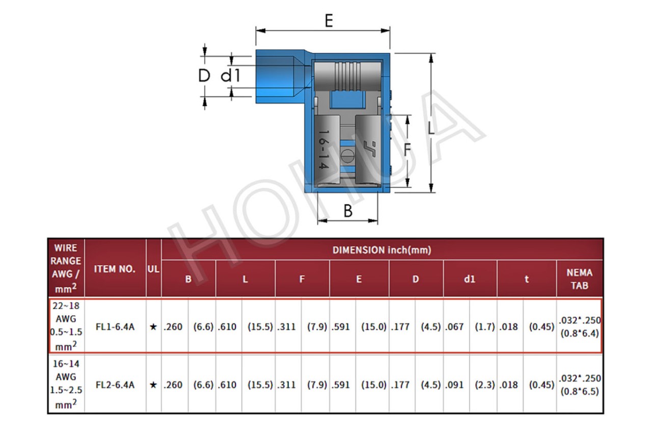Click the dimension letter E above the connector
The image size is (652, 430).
329,21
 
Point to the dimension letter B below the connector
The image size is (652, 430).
348,211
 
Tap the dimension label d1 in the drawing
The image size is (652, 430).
231,75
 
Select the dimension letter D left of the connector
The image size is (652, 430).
204,75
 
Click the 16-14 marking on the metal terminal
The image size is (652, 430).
323,149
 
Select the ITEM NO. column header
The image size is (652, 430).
115,269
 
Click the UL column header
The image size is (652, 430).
153,269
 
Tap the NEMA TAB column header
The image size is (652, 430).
579,279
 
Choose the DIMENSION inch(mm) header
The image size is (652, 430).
382,250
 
